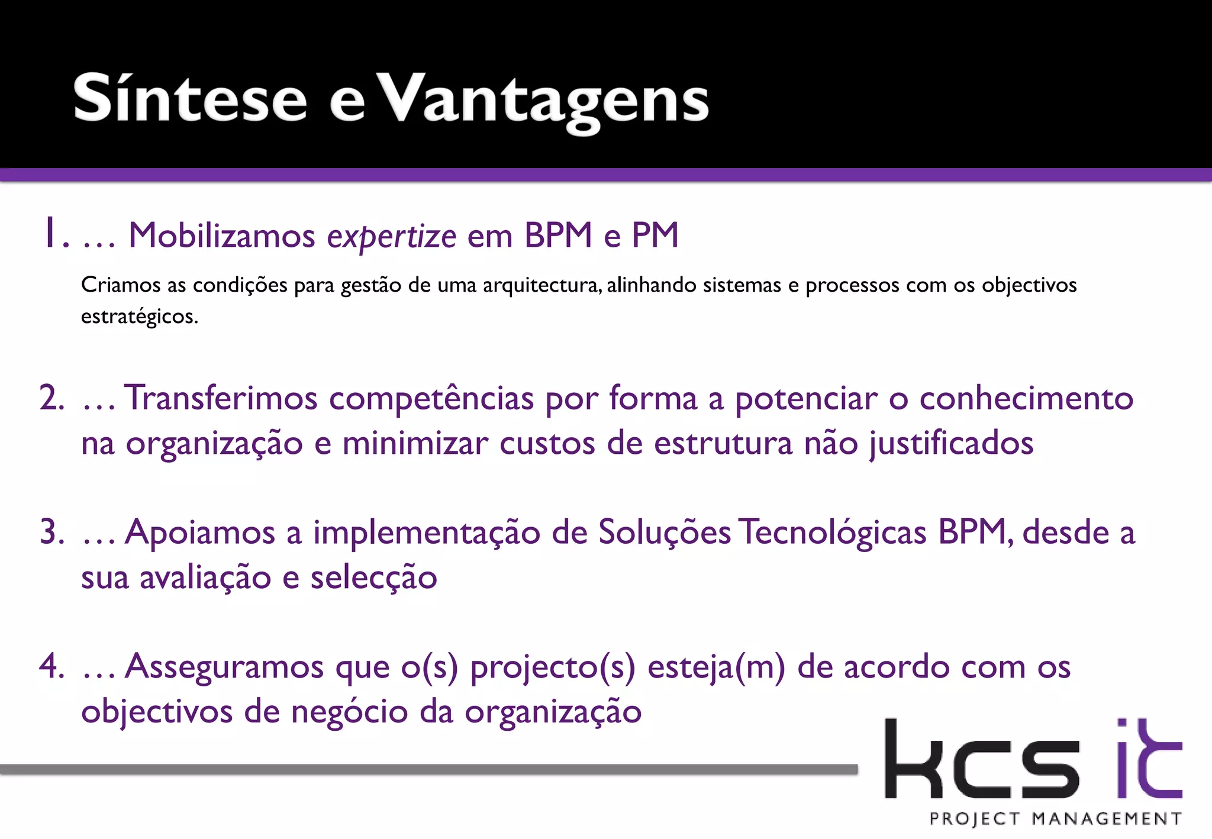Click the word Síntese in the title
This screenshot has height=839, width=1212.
pos(190,98)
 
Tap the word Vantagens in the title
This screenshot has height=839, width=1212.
pos(543,101)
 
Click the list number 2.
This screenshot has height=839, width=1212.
pos(52,398)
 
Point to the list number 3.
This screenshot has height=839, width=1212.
pos(52,531)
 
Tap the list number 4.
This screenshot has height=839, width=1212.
pos(52,666)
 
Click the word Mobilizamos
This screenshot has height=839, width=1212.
pos(222,235)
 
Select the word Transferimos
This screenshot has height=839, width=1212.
pos(221,398)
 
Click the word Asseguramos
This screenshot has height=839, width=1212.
pos(224,666)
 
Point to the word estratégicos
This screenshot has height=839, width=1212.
pos(139,317)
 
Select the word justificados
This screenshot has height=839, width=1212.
pos(951,443)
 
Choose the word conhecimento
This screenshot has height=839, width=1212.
pos(1026,398)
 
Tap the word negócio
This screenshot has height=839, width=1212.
pos(349,711)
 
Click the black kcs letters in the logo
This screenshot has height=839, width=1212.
pos(982,760)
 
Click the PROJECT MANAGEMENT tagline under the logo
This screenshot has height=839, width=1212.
pos(1055,819)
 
